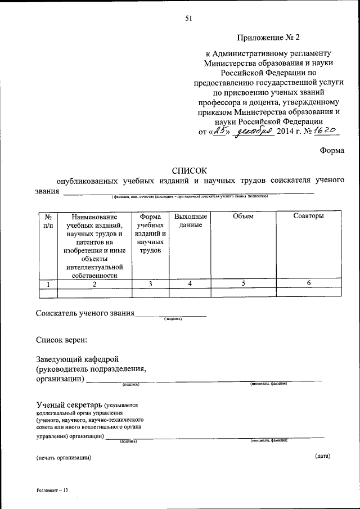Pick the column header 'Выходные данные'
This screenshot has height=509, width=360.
pyautogui.click(x=190, y=220)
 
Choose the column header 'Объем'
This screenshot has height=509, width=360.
pyautogui.click(x=244, y=217)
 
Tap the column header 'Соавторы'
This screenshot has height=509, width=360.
pyautogui.click(x=308, y=217)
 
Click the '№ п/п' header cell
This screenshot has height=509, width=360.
pyautogui.click(x=48, y=220)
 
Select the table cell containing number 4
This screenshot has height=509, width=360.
pyautogui.click(x=191, y=283)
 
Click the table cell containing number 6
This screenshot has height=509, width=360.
pyautogui.click(x=309, y=283)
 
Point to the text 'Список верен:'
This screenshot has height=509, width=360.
pyautogui.click(x=61, y=340)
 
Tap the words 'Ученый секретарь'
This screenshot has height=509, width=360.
pyautogui.click(x=69, y=405)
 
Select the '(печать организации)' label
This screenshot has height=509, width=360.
pyautogui.click(x=64, y=457)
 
